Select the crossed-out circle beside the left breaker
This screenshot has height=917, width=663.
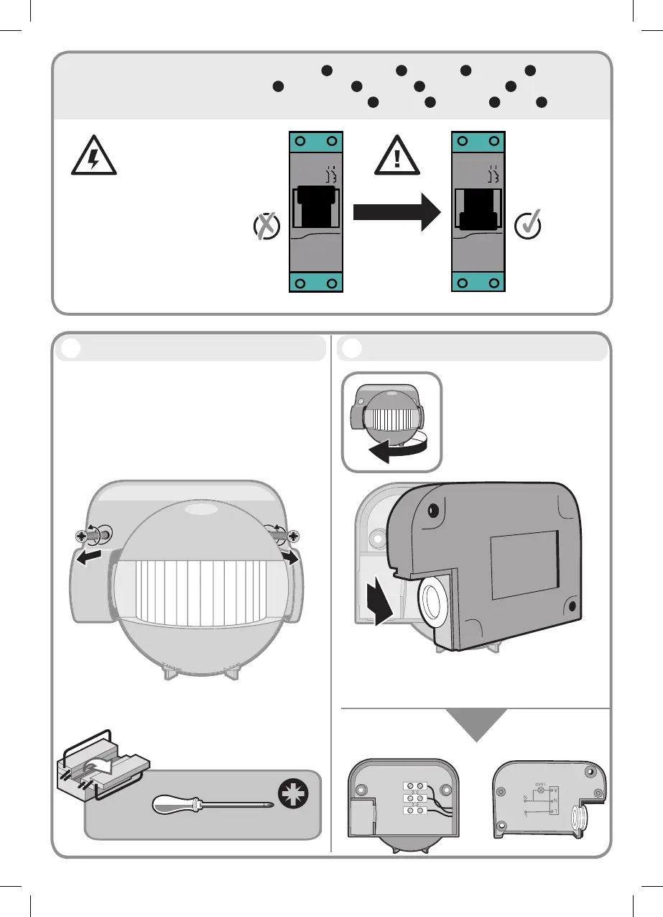[266, 227]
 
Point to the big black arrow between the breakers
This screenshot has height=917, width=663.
[396, 211]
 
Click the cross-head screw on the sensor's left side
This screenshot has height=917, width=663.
[82, 535]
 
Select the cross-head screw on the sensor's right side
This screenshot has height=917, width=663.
[294, 535]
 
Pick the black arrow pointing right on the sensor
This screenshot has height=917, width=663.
[288, 558]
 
